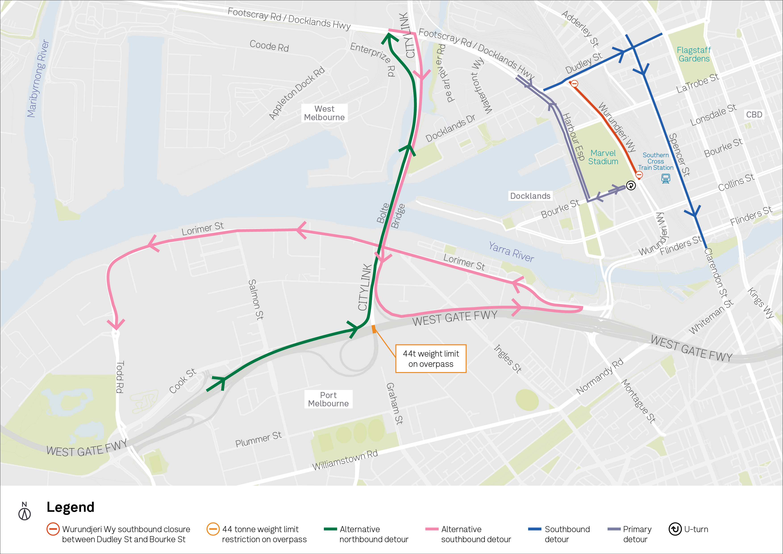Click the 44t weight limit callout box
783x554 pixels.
[431, 359]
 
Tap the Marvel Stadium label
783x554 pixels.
[603, 157]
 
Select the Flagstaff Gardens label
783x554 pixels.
[694, 55]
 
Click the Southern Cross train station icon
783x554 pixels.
[665, 178]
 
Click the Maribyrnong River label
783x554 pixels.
[38, 78]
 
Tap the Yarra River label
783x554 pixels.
[511, 252]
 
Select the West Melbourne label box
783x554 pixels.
[324, 113]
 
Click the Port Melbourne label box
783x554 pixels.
[328, 399]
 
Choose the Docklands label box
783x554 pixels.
[530, 196]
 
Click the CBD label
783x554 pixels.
[754, 115]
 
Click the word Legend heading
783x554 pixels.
[70, 507]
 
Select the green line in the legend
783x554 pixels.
[330, 529]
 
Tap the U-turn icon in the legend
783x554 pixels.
[675, 529]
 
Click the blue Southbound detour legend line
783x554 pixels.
[534, 529]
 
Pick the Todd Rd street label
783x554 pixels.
[120, 377]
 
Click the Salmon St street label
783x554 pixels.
[256, 299]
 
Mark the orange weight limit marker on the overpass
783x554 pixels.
[374, 329]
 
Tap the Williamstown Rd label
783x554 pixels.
[345, 460]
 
